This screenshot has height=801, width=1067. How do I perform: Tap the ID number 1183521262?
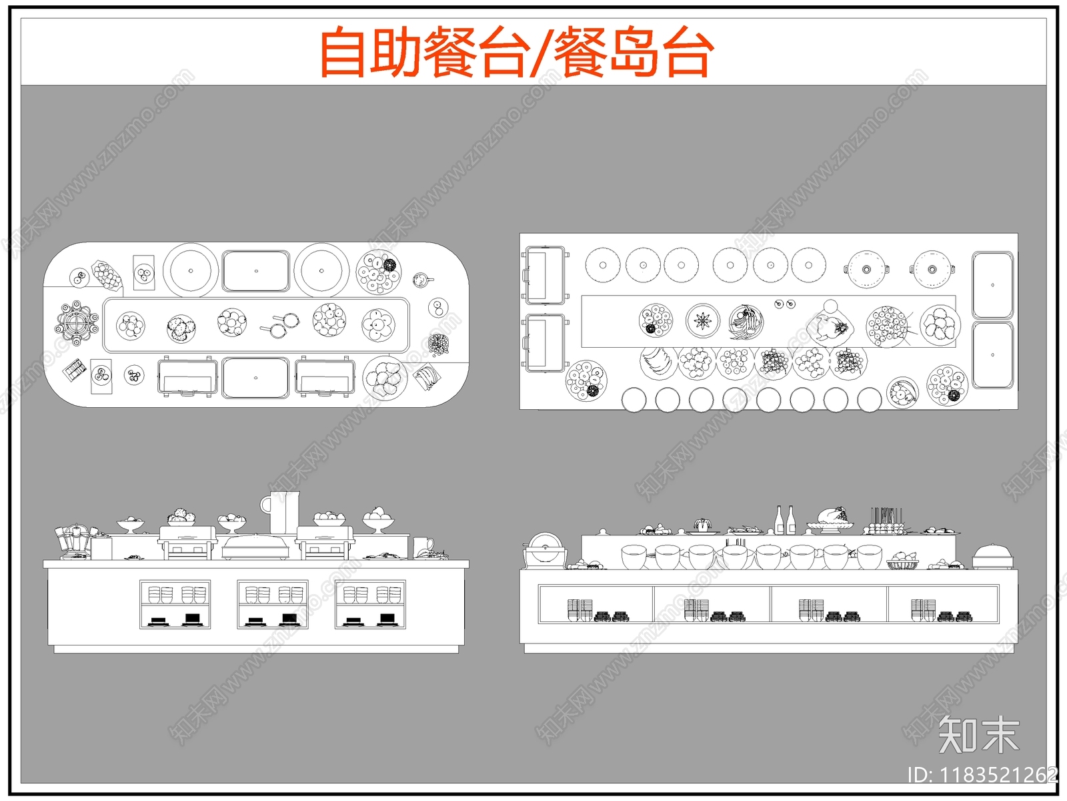point(998,775)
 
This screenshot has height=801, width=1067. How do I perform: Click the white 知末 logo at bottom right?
point(978,735)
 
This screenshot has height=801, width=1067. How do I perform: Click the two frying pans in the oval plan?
point(281,324)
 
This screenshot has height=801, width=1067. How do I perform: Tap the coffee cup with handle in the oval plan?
point(421,280)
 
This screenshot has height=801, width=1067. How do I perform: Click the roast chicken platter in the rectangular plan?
point(831,326)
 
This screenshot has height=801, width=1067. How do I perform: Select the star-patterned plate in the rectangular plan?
point(703,321)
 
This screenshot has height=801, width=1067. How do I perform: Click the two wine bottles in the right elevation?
point(785,520)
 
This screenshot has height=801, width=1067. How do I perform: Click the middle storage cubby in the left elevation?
point(273,604)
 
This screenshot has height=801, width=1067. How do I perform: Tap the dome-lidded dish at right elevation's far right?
point(992,556)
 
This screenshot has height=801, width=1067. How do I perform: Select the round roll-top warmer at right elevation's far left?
point(545,550)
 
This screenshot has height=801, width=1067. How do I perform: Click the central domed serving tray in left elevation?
point(256,547)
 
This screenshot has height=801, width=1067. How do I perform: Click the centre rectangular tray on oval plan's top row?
point(256,271)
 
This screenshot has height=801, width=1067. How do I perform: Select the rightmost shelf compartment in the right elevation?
point(943,604)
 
